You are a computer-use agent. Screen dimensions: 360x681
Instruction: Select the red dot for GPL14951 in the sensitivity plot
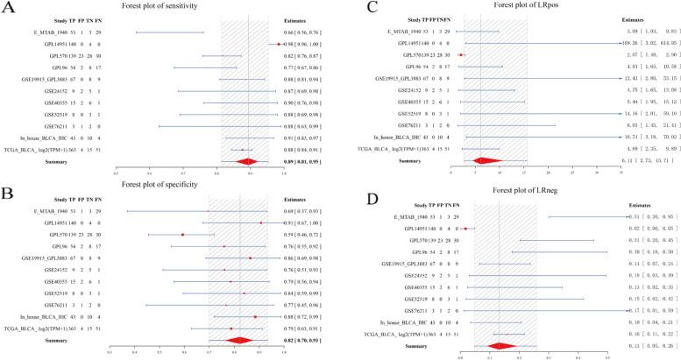click(x=279, y=43)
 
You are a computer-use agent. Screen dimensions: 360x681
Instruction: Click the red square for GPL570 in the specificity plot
click(x=182, y=235)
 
